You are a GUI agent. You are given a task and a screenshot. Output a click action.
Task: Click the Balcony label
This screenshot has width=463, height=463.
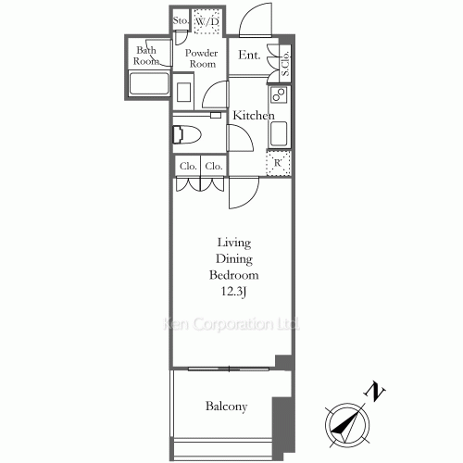[226, 407]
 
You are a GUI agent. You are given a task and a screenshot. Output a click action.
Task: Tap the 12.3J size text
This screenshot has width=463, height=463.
[233, 292]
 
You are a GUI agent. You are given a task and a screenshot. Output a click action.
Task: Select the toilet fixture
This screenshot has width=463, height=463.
[187, 134]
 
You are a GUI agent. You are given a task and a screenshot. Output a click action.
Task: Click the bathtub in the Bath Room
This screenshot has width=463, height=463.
[149, 83]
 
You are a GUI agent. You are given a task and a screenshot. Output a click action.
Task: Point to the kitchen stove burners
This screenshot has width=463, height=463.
[279, 94]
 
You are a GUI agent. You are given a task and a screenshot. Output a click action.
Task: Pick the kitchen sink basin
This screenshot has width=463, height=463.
[279, 133]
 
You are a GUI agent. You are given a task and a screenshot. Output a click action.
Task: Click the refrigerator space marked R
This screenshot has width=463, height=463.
[278, 163]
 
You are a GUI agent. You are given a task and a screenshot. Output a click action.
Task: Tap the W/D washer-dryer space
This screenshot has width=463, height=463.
[206, 21]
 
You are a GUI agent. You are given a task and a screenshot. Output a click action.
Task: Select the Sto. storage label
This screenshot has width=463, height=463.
[181, 20]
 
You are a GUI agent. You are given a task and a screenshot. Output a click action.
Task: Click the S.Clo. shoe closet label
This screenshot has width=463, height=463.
[285, 63]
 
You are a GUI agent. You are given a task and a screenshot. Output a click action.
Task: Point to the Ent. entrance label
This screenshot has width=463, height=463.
[249, 55]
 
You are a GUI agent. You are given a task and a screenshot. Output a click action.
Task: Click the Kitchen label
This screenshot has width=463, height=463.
[254, 116]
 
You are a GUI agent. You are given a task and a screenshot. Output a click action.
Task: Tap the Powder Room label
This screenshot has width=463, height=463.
[202, 58]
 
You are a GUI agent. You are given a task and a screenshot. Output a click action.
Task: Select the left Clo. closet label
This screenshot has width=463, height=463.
[188, 166]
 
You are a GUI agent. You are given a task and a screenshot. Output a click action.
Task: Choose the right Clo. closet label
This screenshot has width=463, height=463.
[214, 166]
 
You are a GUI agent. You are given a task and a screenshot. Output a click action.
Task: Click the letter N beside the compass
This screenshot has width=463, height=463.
[375, 392]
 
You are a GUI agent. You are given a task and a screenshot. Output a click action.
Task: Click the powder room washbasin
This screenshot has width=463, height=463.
[183, 92]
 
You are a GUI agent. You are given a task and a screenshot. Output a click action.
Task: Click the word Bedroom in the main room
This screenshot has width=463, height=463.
[233, 275]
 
